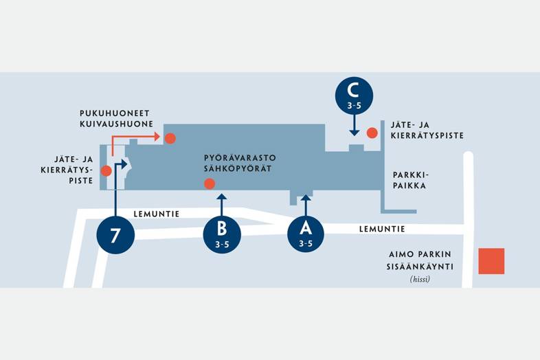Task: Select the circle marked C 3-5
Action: [x=354, y=95]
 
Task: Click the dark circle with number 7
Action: [x=115, y=234]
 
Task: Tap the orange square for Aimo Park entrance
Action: [x=491, y=261]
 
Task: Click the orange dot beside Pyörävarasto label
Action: [x=210, y=183]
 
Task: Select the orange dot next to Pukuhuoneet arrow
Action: [x=170, y=138]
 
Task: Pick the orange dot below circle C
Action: [x=372, y=133]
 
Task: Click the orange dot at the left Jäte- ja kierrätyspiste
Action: [x=106, y=170]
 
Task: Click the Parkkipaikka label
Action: [x=409, y=180]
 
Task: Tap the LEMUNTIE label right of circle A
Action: [x=381, y=229]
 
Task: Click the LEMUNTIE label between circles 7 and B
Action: [x=157, y=214]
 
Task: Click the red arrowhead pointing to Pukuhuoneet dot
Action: [x=158, y=137]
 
